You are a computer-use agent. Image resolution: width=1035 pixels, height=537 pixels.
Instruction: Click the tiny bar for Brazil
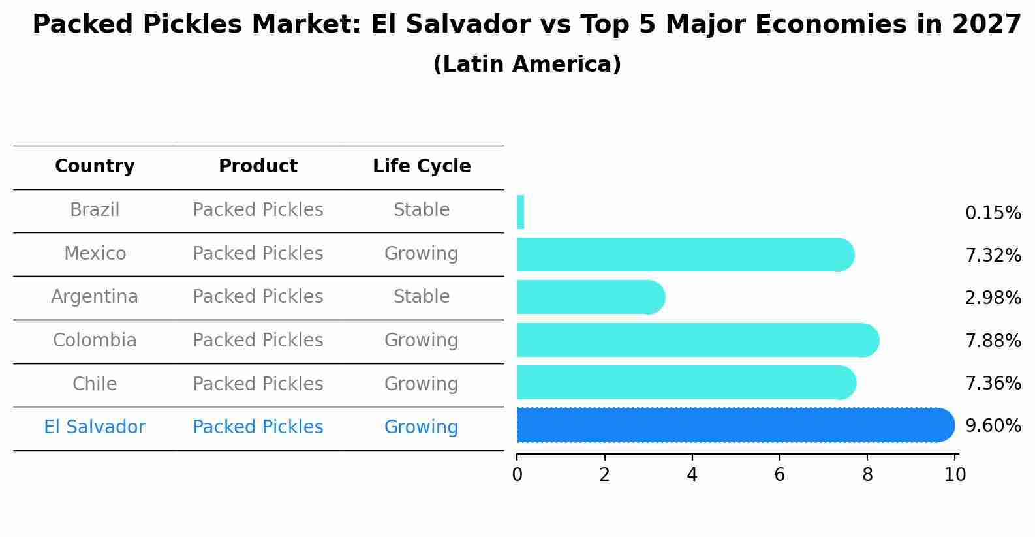pyautogui.click(x=520, y=212)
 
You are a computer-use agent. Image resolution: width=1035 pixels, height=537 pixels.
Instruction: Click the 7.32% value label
pyautogui.click(x=993, y=255)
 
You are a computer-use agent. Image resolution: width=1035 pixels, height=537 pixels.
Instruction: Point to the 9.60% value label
pyautogui.click(x=993, y=425)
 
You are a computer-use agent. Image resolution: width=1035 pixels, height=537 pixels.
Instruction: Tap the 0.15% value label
pyautogui.click(x=993, y=213)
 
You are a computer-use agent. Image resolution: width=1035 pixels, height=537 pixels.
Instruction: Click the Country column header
pyautogui.click(x=95, y=166)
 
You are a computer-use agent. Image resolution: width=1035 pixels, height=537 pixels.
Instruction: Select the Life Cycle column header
pyautogui.click(x=422, y=166)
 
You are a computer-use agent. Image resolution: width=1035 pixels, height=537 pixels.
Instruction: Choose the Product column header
pyautogui.click(x=258, y=166)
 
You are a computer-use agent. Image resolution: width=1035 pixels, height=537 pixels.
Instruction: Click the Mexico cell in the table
pyautogui.click(x=95, y=253)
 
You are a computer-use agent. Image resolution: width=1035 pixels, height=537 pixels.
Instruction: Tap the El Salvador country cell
pyautogui.click(x=95, y=427)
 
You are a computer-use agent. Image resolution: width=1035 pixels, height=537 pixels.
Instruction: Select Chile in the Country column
pyautogui.click(x=95, y=384)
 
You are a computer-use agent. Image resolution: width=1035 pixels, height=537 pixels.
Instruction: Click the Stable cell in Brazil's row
pyautogui.click(x=422, y=210)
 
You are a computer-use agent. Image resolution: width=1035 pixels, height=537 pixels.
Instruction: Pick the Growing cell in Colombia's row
pyautogui.click(x=422, y=341)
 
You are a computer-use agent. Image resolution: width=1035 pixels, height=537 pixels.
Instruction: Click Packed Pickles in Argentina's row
pyautogui.click(x=258, y=297)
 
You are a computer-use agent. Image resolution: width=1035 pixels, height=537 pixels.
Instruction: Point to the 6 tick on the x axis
pyautogui.click(x=779, y=474)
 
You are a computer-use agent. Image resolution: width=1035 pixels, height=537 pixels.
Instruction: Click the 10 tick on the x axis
pyautogui.click(x=955, y=474)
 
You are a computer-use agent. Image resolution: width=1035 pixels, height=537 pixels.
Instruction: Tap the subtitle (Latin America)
pyautogui.click(x=527, y=65)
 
